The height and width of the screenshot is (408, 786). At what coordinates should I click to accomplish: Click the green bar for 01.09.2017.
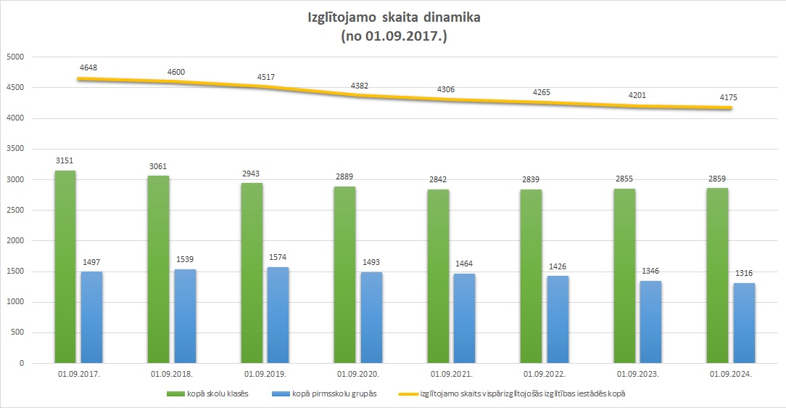coord(65,266)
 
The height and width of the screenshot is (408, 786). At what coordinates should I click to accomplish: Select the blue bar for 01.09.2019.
coord(278,315)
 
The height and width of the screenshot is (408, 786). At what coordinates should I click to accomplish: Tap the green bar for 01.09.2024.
coord(718,275)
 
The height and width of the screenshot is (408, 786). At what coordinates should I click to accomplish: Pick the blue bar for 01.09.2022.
coord(557,319)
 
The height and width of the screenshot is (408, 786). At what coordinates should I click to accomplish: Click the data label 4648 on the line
coord(88,68)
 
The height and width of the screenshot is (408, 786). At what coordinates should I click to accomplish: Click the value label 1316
coord(743,273)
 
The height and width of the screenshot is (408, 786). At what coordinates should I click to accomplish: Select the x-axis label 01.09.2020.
coord(357,375)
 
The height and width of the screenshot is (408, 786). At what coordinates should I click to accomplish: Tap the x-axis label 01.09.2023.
coord(637,375)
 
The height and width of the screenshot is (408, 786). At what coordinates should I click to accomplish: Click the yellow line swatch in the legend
coord(410,394)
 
